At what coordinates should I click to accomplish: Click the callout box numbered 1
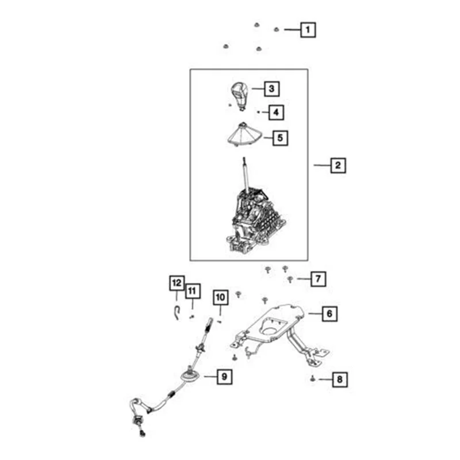point(309,29)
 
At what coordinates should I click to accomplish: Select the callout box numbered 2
point(338,166)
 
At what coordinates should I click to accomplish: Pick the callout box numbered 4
point(277,112)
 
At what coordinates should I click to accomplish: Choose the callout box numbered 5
point(280,138)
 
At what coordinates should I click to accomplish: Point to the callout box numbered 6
point(329,314)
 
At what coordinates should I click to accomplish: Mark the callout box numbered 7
point(317,279)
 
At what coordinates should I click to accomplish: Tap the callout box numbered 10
point(221,297)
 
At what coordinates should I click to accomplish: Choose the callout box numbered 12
point(177,283)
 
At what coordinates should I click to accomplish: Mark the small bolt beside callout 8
point(311,378)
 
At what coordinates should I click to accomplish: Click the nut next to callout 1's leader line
point(277,29)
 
